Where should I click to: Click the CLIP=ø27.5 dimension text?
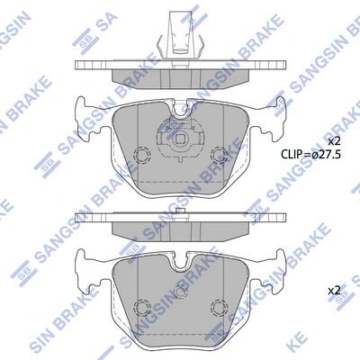[310, 154]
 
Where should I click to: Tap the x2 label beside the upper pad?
[333, 140]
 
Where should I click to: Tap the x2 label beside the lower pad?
[333, 291]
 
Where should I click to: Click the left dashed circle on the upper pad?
[142, 155]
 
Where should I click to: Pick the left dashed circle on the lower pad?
[142, 307]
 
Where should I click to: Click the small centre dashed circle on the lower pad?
[180, 292]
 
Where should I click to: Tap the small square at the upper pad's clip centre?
[180, 139]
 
